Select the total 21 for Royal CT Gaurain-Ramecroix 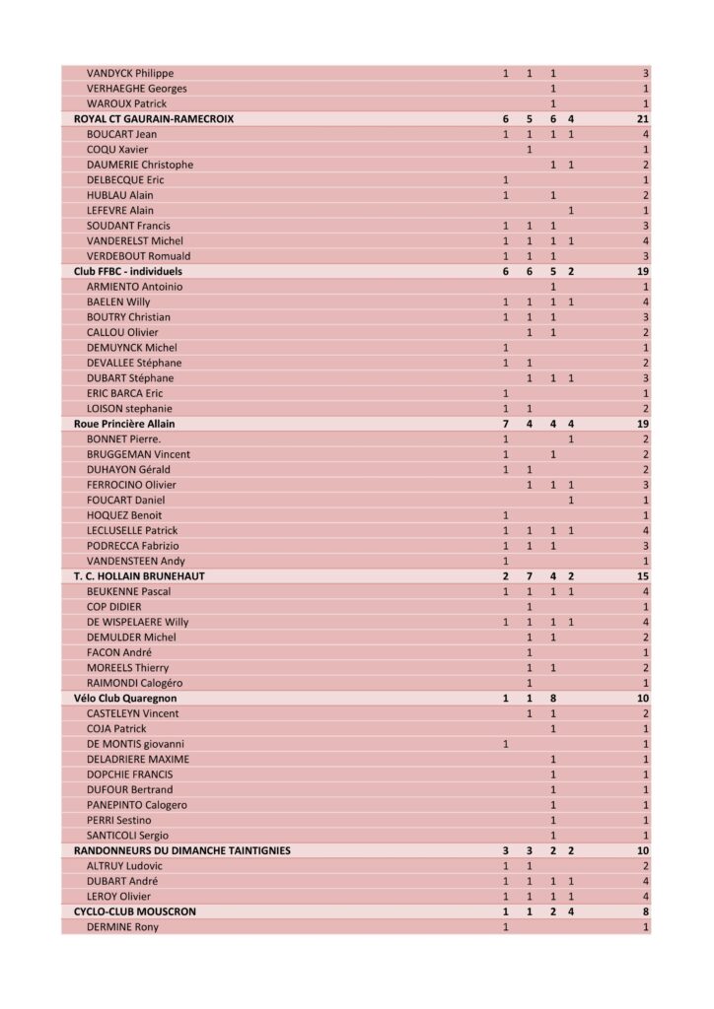tap(642, 118)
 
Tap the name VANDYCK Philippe tap(130, 73)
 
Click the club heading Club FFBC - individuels tap(128, 271)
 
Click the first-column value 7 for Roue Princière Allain tap(506, 424)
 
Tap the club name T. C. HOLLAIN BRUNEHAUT tap(139, 575)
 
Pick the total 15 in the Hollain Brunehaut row tap(642, 575)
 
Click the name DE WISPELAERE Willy tap(137, 622)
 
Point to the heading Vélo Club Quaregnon tap(125, 698)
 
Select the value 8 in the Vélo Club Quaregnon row tap(553, 698)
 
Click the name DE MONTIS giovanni tap(135, 744)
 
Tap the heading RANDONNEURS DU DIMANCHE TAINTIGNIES tap(182, 850)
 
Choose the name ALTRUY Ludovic tap(125, 865)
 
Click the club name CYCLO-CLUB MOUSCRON tap(135, 911)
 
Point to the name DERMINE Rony tap(122, 926)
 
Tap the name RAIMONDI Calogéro tap(134, 683)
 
